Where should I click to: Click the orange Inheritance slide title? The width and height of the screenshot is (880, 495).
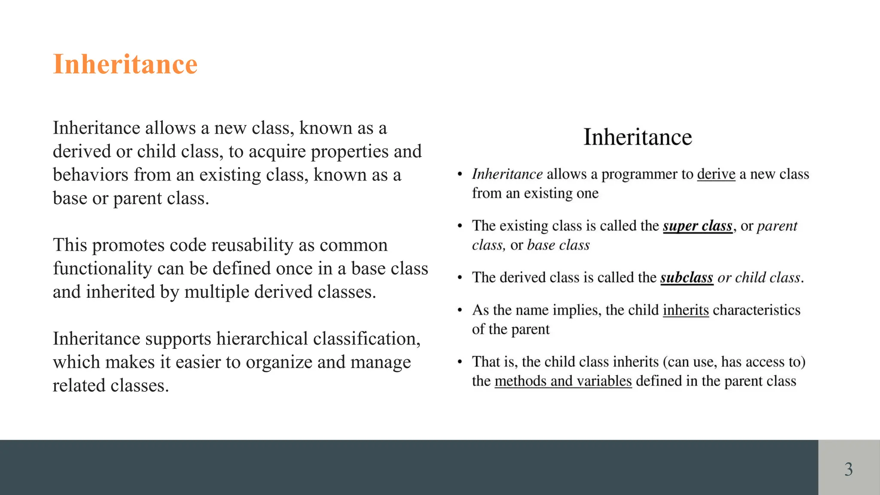125,64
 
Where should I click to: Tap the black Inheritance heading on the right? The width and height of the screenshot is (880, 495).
638,137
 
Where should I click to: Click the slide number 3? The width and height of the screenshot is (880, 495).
848,469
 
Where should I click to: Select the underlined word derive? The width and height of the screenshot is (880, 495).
716,174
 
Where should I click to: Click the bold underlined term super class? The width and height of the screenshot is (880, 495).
697,226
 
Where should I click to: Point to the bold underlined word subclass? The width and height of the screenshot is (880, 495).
687,278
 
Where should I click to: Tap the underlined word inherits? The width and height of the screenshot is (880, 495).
685,310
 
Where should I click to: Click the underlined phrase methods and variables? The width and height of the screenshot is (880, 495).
563,381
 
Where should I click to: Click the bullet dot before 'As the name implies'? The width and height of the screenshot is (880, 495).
459,310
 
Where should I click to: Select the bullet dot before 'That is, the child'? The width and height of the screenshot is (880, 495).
459,362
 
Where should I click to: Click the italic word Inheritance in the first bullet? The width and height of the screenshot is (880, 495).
507,174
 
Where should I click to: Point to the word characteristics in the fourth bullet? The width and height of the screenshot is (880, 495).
756,310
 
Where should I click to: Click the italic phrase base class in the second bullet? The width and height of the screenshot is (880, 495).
558,245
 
